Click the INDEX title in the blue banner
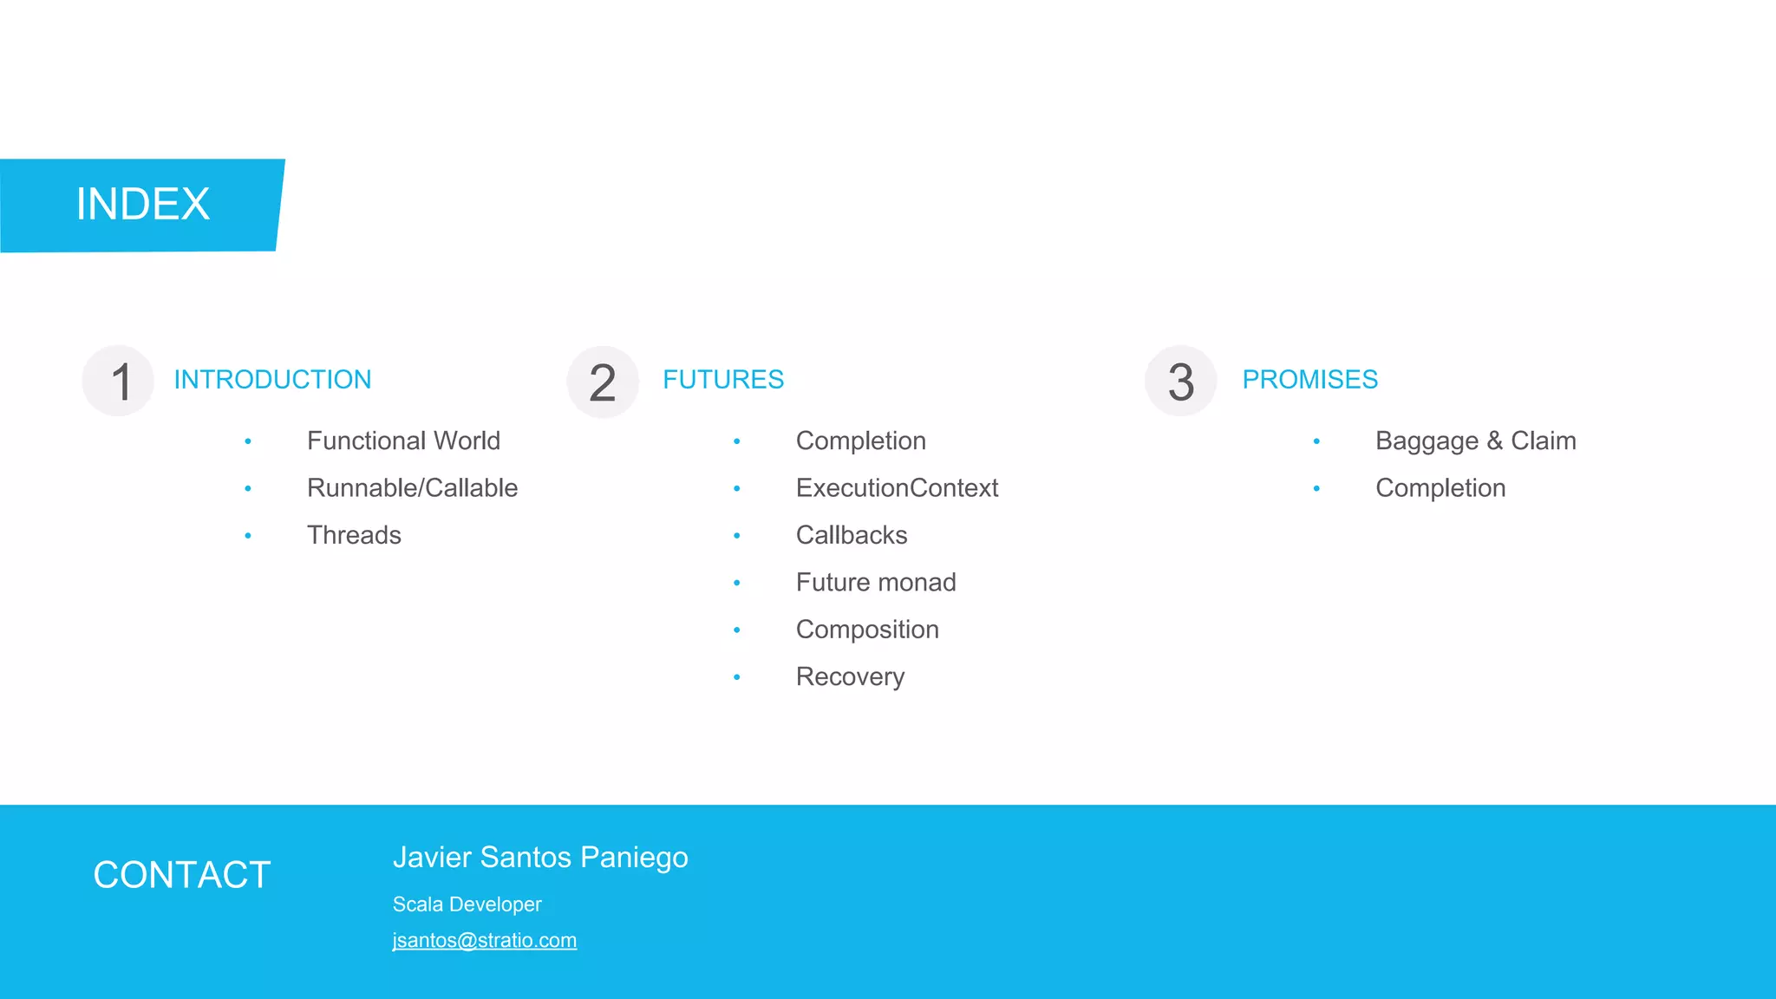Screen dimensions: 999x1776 [143, 205]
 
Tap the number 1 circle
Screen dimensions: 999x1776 [119, 382]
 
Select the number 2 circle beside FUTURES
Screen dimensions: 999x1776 [603, 382]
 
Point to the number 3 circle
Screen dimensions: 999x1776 [1180, 382]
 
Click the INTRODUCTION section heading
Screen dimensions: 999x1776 [272, 380]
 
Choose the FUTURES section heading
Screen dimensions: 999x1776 [723, 380]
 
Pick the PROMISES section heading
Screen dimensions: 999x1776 [1309, 380]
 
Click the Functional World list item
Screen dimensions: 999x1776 [403, 441]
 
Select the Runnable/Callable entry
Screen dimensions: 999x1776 [412, 488]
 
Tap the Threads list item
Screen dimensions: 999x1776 [354, 535]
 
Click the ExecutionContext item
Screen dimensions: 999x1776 [897, 488]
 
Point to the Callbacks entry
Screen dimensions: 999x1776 [852, 535]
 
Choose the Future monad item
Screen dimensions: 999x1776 [876, 583]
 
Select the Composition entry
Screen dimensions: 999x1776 [867, 630]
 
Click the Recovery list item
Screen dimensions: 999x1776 [850, 677]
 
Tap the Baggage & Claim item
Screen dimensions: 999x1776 [1475, 441]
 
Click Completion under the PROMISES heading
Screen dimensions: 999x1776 [1440, 488]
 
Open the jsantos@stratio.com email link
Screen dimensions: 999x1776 [484, 941]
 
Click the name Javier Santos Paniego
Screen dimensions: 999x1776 [540, 858]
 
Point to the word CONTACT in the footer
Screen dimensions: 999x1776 [182, 875]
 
